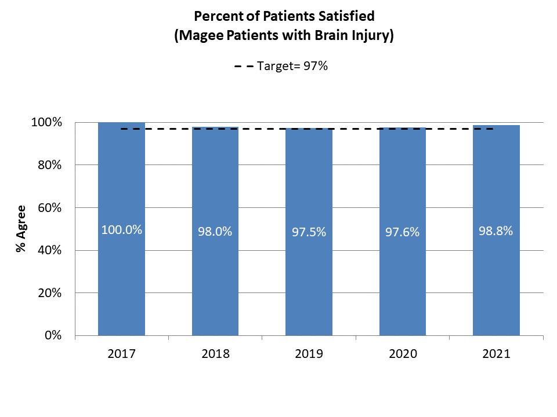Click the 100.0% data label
121,229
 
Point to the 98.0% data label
215,231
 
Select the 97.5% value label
309,232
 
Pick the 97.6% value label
403,232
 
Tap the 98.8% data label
496,231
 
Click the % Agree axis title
21,229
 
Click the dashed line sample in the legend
244,67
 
